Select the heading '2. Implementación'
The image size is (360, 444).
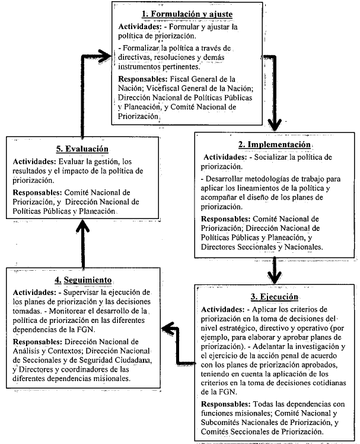click(x=273, y=145)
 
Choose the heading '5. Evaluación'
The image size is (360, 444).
click(x=82, y=150)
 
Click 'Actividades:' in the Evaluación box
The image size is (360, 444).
click(x=36, y=161)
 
